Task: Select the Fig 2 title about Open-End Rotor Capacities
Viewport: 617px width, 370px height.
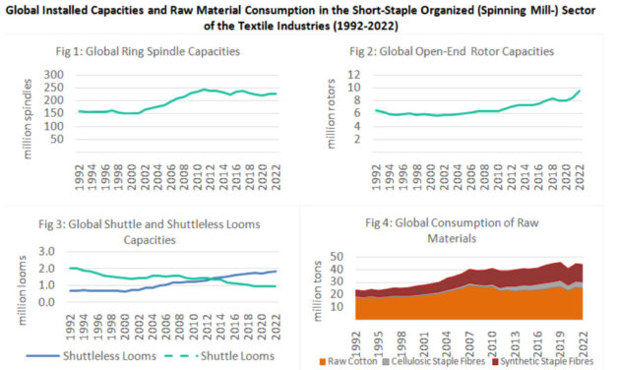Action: (x=459, y=51)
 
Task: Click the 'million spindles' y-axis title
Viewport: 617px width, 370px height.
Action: (x=24, y=110)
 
